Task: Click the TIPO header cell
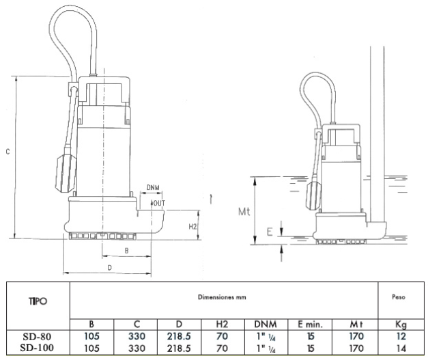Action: pyautogui.click(x=38, y=301)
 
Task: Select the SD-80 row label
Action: pyautogui.click(x=37, y=336)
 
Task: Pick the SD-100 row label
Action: pyautogui.click(x=37, y=348)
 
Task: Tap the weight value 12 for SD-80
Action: pyautogui.click(x=401, y=336)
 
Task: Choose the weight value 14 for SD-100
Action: pyautogui.click(x=401, y=348)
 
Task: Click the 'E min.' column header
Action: pyautogui.click(x=310, y=324)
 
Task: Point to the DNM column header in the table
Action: pyautogui.click(x=266, y=324)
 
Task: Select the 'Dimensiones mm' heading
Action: pyautogui.click(x=222, y=297)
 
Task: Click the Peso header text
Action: pyautogui.click(x=399, y=296)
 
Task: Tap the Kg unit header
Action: pyautogui.click(x=401, y=324)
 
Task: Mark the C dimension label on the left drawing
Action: pyautogui.click(x=8, y=152)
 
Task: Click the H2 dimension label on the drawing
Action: pyautogui.click(x=192, y=226)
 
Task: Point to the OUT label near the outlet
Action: pyautogui.click(x=160, y=203)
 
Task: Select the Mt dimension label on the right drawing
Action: pyautogui.click(x=244, y=211)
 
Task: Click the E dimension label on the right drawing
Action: pyautogui.click(x=270, y=232)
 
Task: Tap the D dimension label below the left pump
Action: pyautogui.click(x=109, y=268)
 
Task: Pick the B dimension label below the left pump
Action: pyautogui.click(x=126, y=251)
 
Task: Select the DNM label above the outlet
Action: pyautogui.click(x=153, y=188)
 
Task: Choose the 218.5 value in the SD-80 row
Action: pyautogui.click(x=179, y=336)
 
